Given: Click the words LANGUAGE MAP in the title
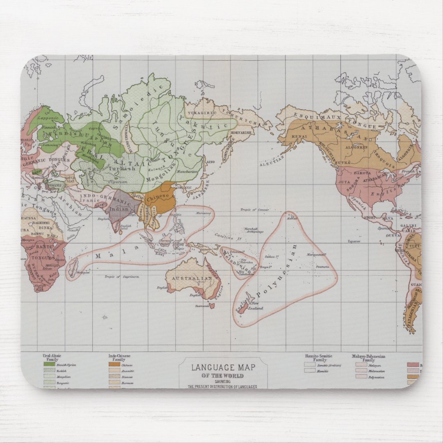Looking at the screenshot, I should pos(223,368).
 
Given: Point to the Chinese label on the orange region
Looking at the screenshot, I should pos(158,197).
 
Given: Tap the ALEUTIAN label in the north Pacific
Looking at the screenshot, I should pos(272,163).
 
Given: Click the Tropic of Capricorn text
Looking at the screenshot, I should pos(122,277).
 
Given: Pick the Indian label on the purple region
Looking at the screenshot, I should pos(119,209).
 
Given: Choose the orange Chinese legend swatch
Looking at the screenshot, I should pos(114,364).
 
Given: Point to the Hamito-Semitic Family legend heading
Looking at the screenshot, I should pos(318,358).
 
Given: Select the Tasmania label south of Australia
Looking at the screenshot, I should pos(200,305).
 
